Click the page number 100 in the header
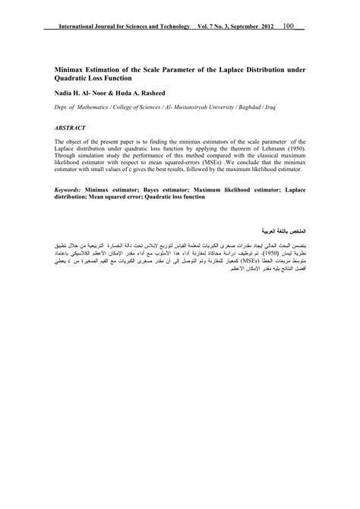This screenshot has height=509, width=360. tap(289, 27)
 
